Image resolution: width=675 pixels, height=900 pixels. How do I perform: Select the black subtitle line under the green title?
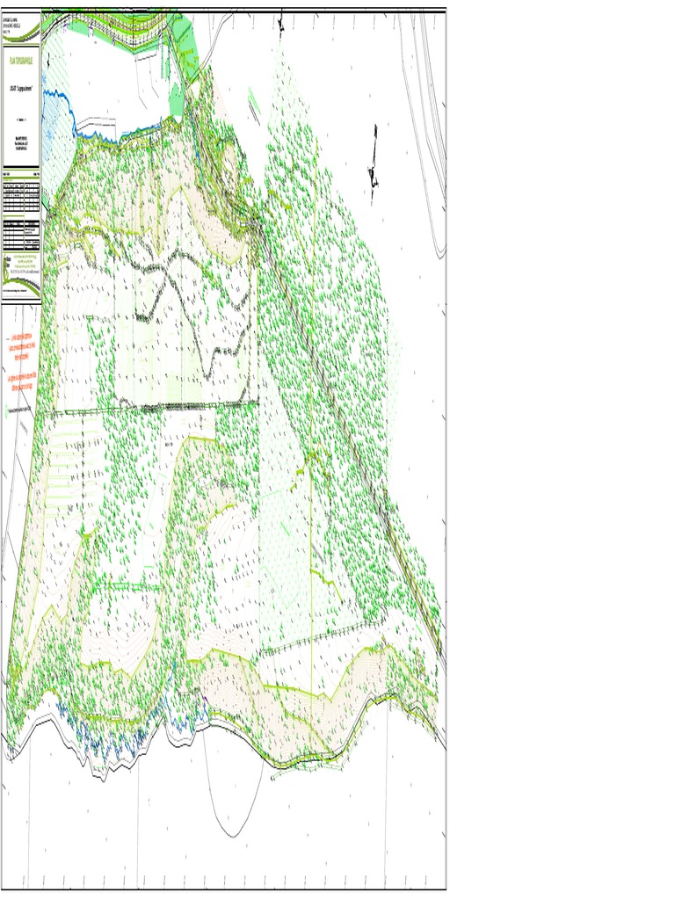pyautogui.click(x=20, y=90)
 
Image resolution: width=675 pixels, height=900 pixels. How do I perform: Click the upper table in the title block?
pyautogui.click(x=20, y=197)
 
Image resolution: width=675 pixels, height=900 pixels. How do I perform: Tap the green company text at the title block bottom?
pyautogui.click(x=20, y=266)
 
